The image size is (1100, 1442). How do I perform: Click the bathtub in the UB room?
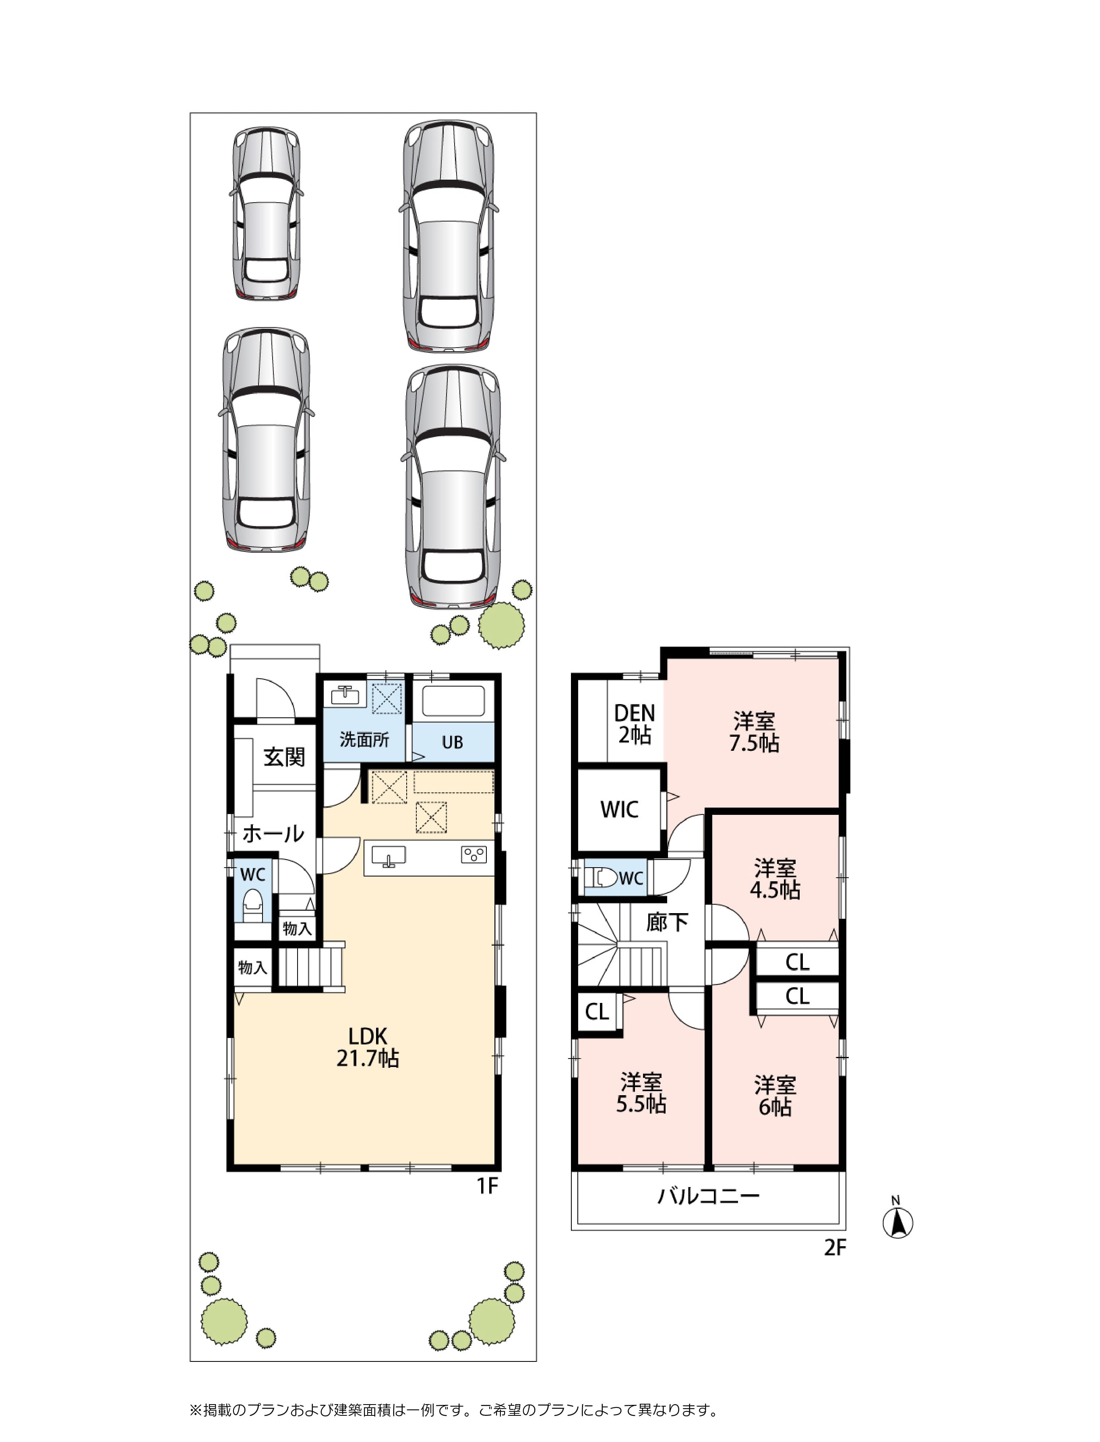coord(453,702)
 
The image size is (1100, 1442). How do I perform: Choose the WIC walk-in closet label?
coord(619,809)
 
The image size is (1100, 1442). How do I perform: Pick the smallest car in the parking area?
coord(267,213)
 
